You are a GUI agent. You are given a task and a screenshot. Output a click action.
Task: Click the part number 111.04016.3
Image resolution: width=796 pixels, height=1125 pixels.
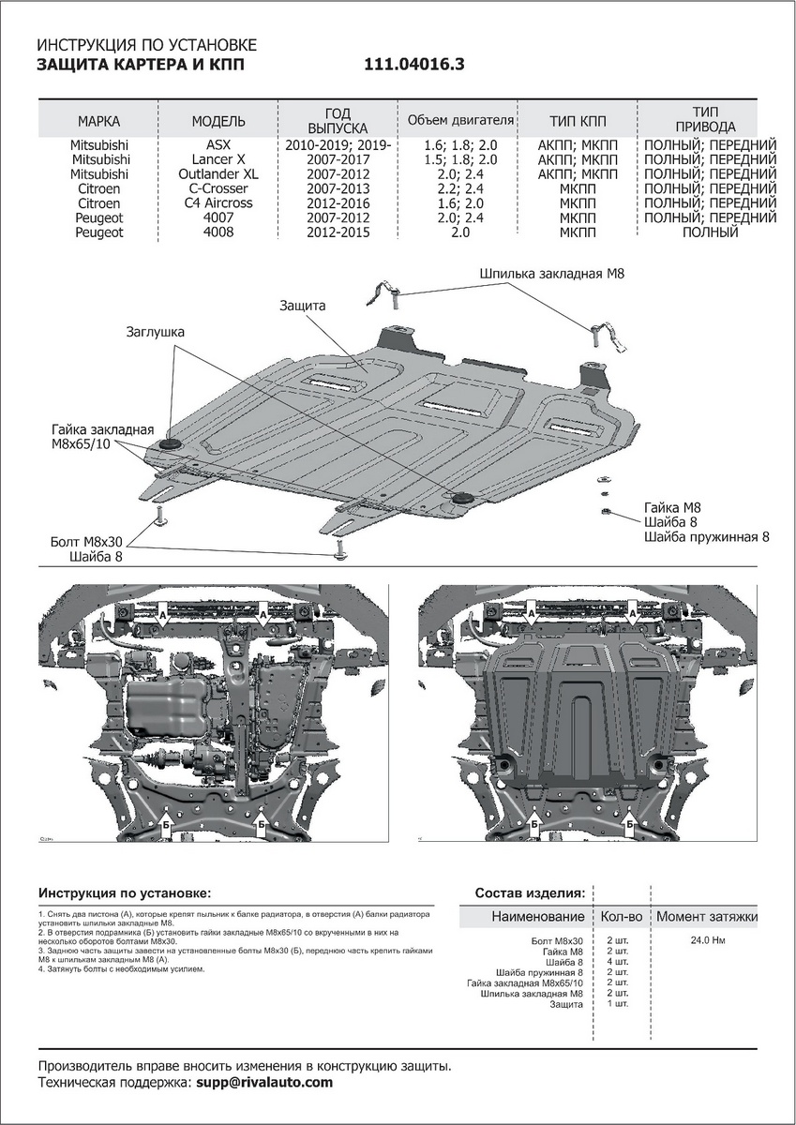[413, 66]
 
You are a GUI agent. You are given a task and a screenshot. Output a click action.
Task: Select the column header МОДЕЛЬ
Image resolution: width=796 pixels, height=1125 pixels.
[218, 122]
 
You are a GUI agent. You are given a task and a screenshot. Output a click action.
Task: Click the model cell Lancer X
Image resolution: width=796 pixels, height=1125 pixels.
[218, 159]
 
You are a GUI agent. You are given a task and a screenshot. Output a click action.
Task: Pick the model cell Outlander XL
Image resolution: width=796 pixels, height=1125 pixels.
[218, 174]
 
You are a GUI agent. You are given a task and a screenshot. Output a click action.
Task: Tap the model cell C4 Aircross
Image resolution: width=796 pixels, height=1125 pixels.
[218, 203]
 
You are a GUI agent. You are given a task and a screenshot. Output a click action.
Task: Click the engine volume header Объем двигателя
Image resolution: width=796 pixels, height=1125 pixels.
[460, 121]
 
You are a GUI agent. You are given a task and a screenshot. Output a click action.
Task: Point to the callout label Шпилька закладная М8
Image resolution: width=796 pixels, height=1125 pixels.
[551, 274]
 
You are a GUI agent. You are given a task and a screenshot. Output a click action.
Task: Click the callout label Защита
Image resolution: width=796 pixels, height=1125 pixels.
[302, 306]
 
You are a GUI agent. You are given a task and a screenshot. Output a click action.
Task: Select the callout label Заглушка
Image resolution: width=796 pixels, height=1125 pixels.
[157, 332]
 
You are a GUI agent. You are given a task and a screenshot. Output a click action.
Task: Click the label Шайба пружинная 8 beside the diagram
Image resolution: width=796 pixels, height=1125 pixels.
[706, 537]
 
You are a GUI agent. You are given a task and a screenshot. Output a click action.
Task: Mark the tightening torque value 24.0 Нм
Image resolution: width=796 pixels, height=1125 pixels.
[706, 939]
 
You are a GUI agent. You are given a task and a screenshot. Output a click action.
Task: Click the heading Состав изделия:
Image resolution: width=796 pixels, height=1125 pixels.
[530, 892]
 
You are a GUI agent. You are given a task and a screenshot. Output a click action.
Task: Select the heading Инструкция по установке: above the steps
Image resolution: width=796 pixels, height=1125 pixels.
[125, 892]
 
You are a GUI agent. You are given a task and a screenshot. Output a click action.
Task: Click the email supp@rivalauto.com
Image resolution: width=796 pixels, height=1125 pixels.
[264, 1083]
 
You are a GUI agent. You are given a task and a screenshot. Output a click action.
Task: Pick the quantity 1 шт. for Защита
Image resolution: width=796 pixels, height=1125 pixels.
[617, 1004]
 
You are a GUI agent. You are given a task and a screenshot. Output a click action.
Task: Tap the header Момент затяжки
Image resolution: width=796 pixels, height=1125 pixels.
[706, 916]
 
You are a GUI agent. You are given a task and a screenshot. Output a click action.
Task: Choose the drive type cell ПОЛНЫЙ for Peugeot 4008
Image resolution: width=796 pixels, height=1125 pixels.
[711, 232]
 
